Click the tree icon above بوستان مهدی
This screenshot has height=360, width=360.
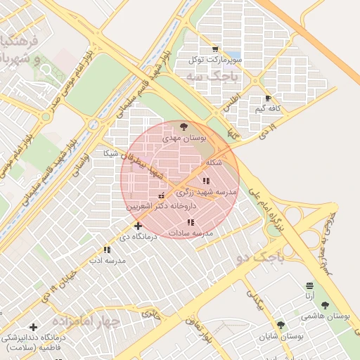point(184,127)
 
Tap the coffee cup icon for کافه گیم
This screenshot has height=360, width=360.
point(267,98)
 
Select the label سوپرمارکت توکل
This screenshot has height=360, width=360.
point(214,60)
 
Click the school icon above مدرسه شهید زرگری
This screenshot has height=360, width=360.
point(205,181)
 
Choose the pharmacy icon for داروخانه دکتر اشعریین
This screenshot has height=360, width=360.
point(162,196)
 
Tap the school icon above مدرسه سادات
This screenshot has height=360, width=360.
point(191,222)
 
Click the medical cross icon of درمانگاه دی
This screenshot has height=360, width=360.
point(138,226)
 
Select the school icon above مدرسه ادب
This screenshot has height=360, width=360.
point(107,250)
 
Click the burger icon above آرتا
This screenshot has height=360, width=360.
point(309,285)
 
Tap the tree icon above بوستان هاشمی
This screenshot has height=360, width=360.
point(324,305)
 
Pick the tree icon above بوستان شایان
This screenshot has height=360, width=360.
point(281,325)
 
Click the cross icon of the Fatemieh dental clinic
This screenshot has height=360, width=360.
point(33,327)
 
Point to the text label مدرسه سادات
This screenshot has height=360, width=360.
point(191,232)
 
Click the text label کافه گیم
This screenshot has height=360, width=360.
point(269,109)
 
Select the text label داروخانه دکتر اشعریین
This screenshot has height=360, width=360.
point(162,207)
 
